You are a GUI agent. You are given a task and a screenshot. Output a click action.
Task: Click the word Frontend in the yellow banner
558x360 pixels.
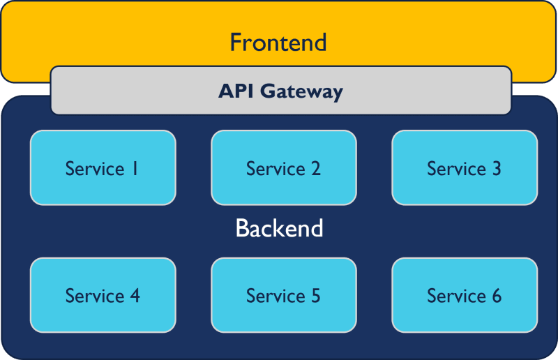click(278, 43)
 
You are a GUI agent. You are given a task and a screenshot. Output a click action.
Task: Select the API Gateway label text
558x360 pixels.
click(281, 91)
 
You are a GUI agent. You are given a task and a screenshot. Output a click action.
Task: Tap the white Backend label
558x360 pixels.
click(280, 228)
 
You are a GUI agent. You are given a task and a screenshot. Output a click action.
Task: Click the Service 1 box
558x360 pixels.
click(103, 167)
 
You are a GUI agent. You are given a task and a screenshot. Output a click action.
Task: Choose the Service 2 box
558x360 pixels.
click(284, 167)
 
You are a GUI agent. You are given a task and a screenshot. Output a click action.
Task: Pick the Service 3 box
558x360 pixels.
click(465, 167)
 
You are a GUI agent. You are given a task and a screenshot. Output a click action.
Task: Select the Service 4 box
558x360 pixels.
click(103, 295)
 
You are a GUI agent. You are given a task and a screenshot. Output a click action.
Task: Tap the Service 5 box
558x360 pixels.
click(284, 295)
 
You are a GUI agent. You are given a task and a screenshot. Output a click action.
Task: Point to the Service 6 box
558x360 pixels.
click(465, 295)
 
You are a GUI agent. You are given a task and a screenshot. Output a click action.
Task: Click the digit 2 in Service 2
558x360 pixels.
click(316, 168)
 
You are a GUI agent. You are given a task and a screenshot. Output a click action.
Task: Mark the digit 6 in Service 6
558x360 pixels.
click(497, 296)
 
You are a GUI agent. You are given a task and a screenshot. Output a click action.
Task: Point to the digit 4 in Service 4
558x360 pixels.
click(135, 296)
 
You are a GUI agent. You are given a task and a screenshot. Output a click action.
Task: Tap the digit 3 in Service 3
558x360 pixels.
click(497, 168)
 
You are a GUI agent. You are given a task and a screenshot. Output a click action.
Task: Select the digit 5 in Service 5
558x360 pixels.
click(316, 296)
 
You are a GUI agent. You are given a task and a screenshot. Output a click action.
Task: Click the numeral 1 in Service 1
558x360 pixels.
click(135, 168)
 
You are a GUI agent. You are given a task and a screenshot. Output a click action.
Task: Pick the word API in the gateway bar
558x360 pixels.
click(236, 91)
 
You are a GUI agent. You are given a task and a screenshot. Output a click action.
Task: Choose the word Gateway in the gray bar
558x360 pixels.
click(302, 92)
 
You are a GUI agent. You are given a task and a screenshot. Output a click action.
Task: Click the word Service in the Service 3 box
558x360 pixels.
click(457, 168)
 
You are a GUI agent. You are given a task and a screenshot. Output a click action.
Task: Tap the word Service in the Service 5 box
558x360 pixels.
click(276, 296)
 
